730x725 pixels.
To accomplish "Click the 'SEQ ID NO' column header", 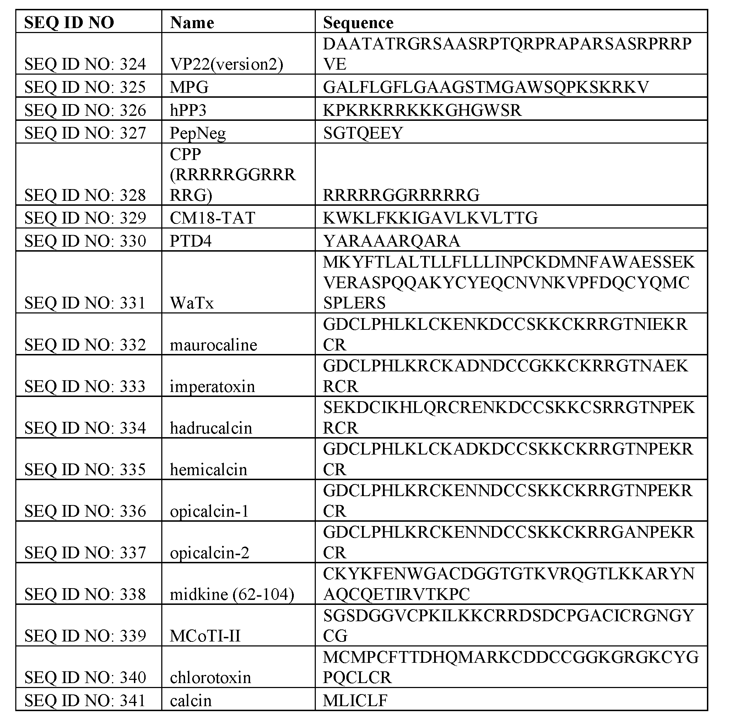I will [x=69, y=23].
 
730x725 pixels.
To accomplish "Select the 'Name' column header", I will [x=192, y=23].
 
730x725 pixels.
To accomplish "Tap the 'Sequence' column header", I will [x=358, y=23].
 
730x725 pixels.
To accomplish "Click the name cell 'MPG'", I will [x=189, y=87].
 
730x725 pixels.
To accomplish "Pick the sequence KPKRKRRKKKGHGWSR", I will [x=422, y=111].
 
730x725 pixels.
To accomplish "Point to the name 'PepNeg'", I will [x=198, y=133].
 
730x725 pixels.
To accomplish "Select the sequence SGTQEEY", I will [x=363, y=133].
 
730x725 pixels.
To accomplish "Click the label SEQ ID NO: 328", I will [x=85, y=195].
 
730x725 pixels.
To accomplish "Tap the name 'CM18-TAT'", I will [x=212, y=218].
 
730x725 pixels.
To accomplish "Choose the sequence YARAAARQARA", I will [x=391, y=241].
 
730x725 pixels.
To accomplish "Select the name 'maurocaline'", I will [x=213, y=345].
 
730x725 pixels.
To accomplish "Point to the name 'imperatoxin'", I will [x=212, y=386].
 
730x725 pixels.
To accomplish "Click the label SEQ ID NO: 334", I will [x=85, y=428].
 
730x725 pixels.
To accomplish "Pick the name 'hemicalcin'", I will [x=208, y=469].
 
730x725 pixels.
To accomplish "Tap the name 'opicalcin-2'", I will [x=209, y=553].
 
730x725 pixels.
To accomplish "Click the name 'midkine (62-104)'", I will [x=232, y=594].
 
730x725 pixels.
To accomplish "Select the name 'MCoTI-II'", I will [x=205, y=636].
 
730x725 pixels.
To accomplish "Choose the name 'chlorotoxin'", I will [x=210, y=677].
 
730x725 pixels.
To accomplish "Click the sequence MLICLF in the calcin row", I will [x=355, y=700].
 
